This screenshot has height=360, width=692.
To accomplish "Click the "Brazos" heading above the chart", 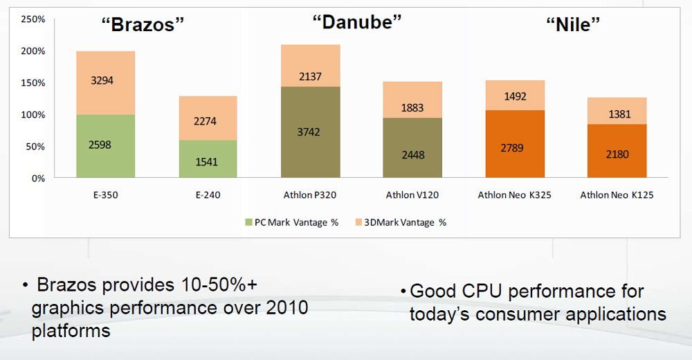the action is (x=143, y=24).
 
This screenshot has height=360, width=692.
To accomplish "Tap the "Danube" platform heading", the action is (x=357, y=22).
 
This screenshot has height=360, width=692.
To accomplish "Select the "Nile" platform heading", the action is (x=573, y=24).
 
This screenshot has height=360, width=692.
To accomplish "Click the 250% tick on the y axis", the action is (x=33, y=19).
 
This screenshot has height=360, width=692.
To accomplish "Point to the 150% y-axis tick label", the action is (x=33, y=83).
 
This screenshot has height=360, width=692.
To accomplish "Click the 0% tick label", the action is (x=38, y=179).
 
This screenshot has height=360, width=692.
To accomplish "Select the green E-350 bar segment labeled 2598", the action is (x=105, y=146).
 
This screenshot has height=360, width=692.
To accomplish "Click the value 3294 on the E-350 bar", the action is (x=102, y=80).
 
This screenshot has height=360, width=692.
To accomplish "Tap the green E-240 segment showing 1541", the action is (x=208, y=159).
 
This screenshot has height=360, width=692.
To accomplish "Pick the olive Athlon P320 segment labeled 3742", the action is (x=311, y=132).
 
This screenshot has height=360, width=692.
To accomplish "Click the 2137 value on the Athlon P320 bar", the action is (x=310, y=76).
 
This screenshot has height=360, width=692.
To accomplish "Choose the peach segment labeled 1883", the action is (x=412, y=100).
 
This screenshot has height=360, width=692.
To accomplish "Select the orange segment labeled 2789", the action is (x=515, y=144).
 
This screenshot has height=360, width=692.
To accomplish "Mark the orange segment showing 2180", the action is (x=617, y=151).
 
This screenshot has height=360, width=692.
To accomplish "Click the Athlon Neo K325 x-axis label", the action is (x=515, y=195).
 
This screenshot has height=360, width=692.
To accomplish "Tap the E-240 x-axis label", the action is (x=208, y=195).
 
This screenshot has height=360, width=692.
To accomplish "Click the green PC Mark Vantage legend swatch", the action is (x=249, y=222).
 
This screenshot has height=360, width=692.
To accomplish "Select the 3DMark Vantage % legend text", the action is (x=405, y=223).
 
